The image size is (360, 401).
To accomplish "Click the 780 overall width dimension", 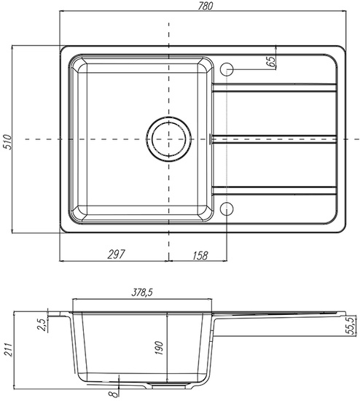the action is coord(206,6).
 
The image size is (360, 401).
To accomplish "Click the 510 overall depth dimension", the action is coord(8,142).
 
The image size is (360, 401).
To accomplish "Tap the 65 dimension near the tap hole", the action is coord(270,61).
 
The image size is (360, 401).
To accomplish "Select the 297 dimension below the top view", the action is coord(117,254).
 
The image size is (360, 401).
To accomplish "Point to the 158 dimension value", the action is coord(200,255).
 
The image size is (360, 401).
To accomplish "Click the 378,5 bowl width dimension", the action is coord(142,292).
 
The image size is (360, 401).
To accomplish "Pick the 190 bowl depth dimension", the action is coord(159,348).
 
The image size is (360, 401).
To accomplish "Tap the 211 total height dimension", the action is coord(8,349).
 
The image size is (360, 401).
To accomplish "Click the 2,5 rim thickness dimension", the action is coord(43,324).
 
